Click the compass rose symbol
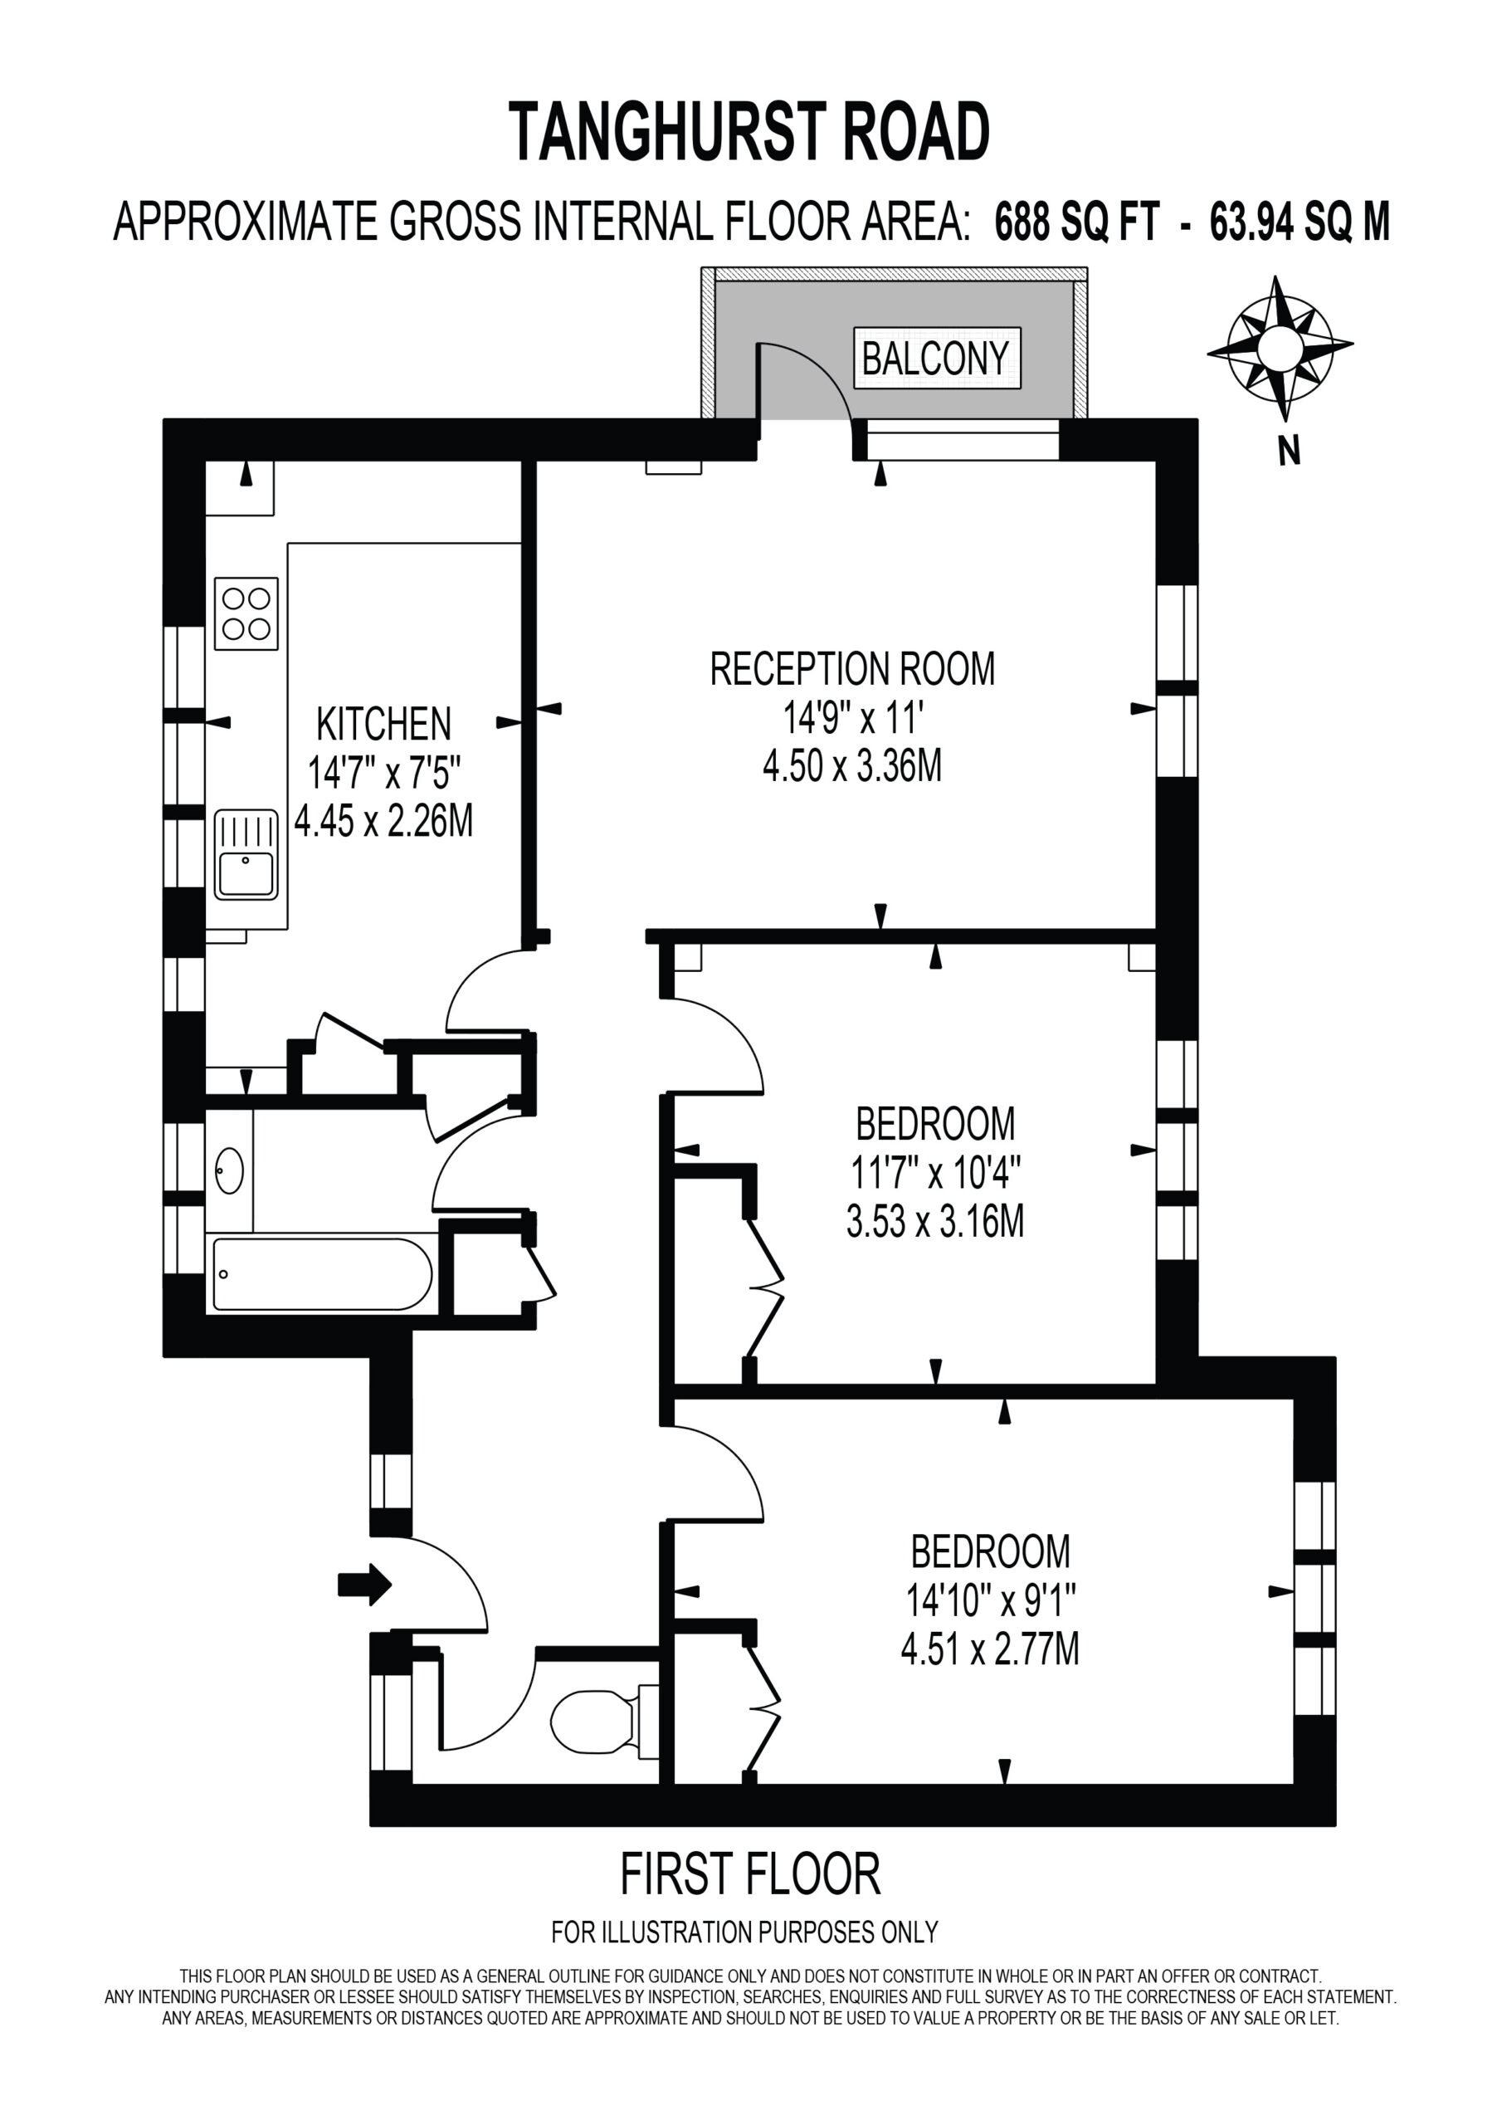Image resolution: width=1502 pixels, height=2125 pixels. (x=1279, y=349)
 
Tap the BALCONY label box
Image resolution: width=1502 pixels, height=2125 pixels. (x=937, y=357)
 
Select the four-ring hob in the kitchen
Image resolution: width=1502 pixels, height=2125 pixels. (x=246, y=613)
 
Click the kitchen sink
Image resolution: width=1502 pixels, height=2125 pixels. (x=246, y=855)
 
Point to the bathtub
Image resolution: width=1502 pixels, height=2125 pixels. (x=322, y=1274)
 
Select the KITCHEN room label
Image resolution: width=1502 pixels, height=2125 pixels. (x=384, y=725)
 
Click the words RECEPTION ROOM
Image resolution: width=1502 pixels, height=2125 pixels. (x=852, y=669)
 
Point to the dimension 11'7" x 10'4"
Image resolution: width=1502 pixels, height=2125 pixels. (x=935, y=1175)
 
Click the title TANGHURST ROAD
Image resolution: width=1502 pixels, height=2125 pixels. (x=749, y=132)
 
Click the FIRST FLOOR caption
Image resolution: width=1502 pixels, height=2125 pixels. (x=749, y=1874)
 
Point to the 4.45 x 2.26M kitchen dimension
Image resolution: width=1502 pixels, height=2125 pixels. (x=383, y=821)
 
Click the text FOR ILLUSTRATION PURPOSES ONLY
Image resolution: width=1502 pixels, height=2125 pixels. (x=745, y=1932)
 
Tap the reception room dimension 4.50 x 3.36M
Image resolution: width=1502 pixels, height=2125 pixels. (x=852, y=765)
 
